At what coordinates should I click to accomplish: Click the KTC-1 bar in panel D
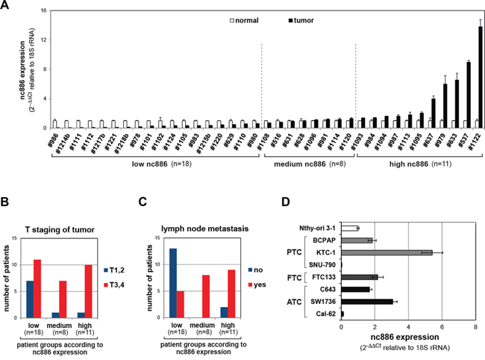tap(387, 252)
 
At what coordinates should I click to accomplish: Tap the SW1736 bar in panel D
tap(367, 302)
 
